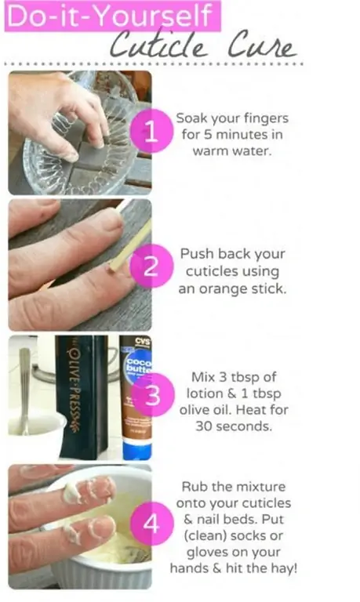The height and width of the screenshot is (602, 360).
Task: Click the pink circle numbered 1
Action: point(151,131)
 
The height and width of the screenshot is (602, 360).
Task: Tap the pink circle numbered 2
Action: point(151,266)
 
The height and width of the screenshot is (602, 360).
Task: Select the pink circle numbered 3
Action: point(152,395)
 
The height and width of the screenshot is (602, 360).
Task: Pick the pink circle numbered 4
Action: point(152,524)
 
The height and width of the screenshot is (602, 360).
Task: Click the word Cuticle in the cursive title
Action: point(158,45)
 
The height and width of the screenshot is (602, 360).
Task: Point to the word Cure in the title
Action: point(262,46)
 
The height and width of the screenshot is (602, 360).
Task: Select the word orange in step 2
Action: point(223,289)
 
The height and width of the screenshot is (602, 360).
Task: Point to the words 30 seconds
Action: point(234,426)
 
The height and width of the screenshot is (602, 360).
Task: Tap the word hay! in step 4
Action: point(284,568)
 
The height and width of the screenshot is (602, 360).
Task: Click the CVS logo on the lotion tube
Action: point(143,341)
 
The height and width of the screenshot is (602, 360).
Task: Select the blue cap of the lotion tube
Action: point(136,450)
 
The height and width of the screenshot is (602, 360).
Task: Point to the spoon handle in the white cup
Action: point(25,384)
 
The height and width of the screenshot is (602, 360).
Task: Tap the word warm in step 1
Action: point(209,151)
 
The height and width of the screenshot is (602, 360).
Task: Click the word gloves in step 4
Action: point(209,552)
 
